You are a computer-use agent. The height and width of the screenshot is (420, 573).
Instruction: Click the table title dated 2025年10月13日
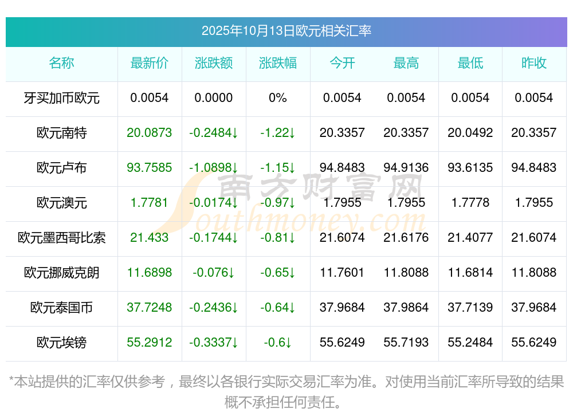(286, 31)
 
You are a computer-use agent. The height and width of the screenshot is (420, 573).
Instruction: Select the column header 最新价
(150, 63)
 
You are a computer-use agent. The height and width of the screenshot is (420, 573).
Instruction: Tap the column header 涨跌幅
(278, 63)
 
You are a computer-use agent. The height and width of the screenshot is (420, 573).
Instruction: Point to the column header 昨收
(533, 63)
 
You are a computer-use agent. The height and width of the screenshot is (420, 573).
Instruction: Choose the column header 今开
(342, 63)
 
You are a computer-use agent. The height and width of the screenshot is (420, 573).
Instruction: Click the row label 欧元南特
(61, 133)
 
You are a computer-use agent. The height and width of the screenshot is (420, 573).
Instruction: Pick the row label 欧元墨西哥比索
(61, 238)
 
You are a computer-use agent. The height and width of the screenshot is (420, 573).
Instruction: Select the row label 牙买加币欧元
(61, 98)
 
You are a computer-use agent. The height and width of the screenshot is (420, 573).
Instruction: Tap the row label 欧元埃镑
(61, 343)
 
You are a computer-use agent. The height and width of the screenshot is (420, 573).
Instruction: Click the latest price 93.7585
(150, 168)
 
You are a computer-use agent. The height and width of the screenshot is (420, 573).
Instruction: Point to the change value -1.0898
(214, 168)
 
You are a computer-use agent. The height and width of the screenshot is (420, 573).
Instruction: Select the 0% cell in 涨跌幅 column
(278, 98)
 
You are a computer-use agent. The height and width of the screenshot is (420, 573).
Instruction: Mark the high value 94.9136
(406, 168)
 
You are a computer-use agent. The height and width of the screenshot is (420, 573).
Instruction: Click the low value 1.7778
(470, 203)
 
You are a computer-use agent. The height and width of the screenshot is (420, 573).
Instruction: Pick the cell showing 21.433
(150, 238)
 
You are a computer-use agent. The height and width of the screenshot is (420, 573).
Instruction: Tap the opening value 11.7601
(342, 273)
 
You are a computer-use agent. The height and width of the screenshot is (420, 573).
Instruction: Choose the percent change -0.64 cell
(278, 308)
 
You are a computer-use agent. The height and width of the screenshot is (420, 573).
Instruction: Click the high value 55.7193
(406, 343)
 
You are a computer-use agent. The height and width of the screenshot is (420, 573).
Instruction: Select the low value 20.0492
(470, 133)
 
